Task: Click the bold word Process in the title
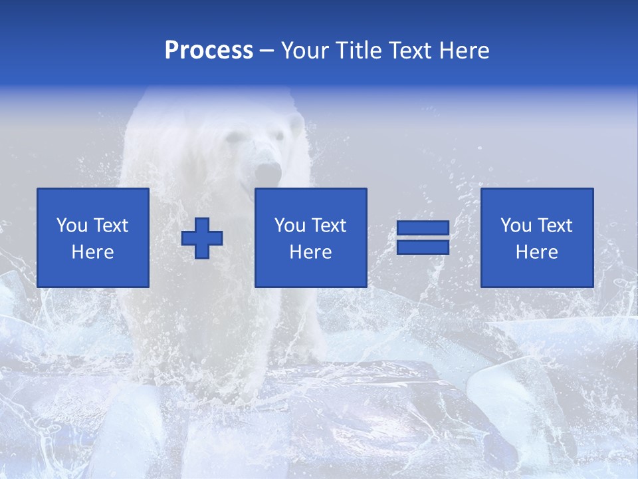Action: point(209,51)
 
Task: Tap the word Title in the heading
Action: point(357,51)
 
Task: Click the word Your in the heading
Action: point(305,51)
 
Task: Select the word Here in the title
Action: point(464,51)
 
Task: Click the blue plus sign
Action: point(202,238)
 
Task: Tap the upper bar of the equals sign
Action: point(423,228)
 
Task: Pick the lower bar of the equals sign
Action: point(423,247)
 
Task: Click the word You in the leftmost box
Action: point(72,226)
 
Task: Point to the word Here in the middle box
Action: point(311,252)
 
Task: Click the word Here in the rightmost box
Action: point(537,252)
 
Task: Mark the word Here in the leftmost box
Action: point(93,252)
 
